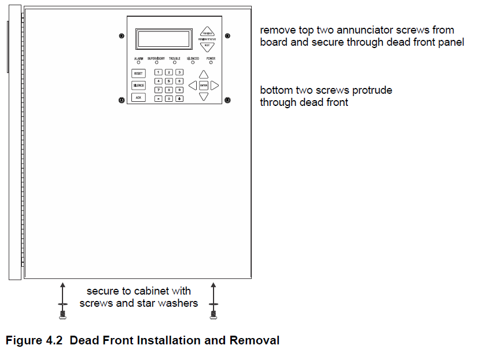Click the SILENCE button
[x=138, y=85]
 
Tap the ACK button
[x=138, y=97]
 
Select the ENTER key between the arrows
[x=204, y=85]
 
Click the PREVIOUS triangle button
[x=207, y=32]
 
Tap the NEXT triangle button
[x=207, y=46]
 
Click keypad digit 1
[x=159, y=72]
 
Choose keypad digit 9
[x=179, y=90]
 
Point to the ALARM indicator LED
[x=139, y=63]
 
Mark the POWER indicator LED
[x=211, y=63]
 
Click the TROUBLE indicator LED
[x=175, y=63]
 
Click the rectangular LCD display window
[x=164, y=39]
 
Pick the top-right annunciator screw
[x=227, y=36]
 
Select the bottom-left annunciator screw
[x=121, y=101]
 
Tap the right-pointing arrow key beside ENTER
[x=215, y=85]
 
